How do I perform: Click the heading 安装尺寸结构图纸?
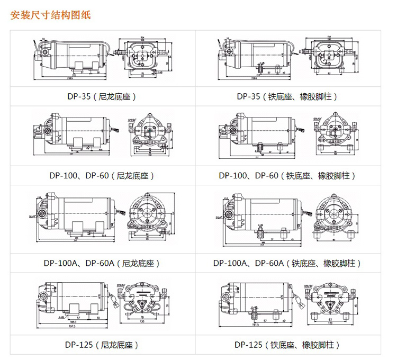pyautogui.click(x=51, y=15)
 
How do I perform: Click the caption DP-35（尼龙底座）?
pyautogui.click(x=103, y=96)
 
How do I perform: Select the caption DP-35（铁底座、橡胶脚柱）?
pyautogui.click(x=287, y=96)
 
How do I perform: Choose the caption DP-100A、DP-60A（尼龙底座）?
pyautogui.click(x=102, y=263)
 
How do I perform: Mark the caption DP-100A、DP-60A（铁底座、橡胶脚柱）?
pyautogui.click(x=287, y=263)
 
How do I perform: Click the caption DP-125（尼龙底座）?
pyautogui.click(x=102, y=345)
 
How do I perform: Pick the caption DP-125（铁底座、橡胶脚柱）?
pyautogui.click(x=287, y=345)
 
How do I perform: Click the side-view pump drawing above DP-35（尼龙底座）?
pyautogui.click(x=71, y=57)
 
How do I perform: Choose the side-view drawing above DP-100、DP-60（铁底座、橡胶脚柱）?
pyautogui.click(x=259, y=132)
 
